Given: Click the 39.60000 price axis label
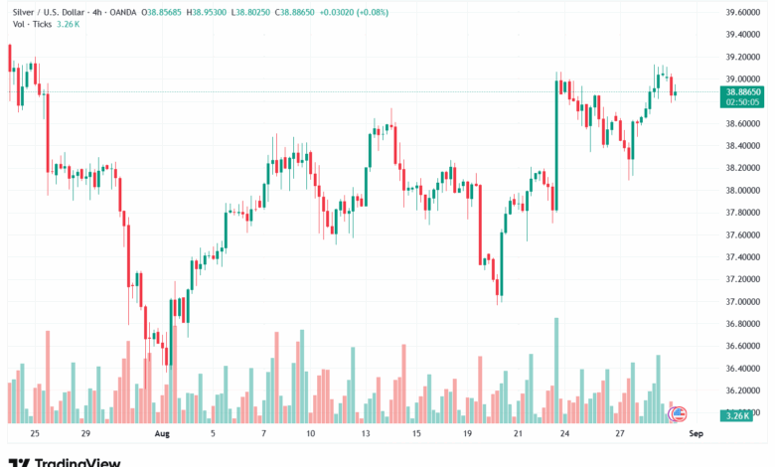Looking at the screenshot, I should tap(742, 12).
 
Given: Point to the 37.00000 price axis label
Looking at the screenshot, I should tap(742, 301).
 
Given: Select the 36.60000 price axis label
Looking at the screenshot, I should tap(742, 346).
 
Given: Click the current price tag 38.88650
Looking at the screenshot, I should tap(743, 90).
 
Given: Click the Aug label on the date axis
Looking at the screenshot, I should tap(161, 434).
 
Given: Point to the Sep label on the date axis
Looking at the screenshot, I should tap(697, 434).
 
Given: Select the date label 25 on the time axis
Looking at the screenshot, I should tap(35, 434).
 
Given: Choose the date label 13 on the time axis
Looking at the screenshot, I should tap(366, 434).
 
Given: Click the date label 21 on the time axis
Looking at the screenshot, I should tap(518, 434).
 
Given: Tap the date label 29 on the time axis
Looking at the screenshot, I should tap(86, 434).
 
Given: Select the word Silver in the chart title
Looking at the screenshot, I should tap(22, 12).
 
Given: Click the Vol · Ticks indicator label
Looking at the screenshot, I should tap(31, 24).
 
